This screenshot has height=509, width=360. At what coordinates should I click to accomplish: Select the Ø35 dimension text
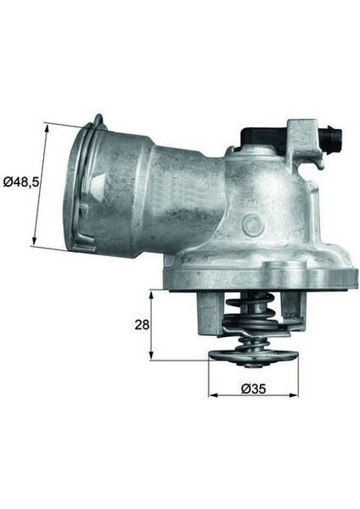pyautogui.click(x=252, y=389)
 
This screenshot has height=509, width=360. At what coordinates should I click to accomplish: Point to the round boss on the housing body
pyautogui.click(x=252, y=224)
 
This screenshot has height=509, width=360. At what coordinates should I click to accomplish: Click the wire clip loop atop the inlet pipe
pyautogui.click(x=98, y=124)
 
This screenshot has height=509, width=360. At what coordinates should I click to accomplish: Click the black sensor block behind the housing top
pyautogui.click(x=261, y=137)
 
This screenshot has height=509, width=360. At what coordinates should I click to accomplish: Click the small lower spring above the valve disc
pyautogui.click(x=252, y=341)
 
